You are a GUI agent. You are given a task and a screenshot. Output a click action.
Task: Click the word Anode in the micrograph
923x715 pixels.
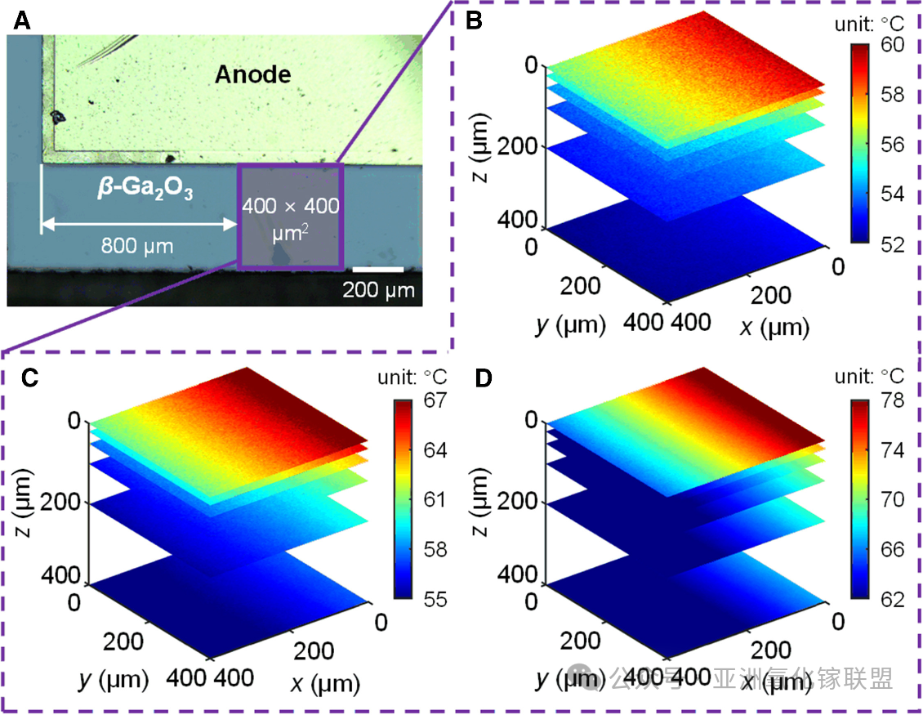(252, 75)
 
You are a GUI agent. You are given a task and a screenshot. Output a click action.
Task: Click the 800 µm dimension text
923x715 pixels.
(137, 244)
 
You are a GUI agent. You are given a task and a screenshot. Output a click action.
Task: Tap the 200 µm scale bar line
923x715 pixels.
(378, 269)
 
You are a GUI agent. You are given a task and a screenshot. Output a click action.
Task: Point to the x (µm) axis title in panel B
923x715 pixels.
(773, 327)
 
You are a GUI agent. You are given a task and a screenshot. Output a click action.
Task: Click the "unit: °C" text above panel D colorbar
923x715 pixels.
(869, 377)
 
